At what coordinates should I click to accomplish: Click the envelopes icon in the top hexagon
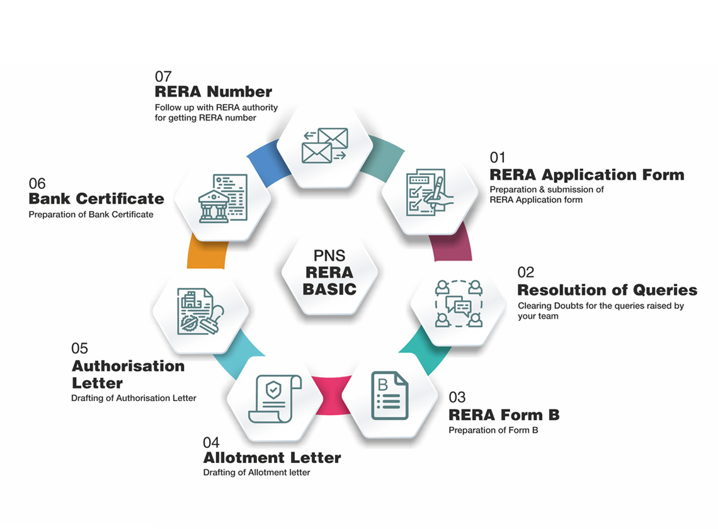pos(325,145)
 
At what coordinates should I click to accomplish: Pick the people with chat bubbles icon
pos(459,304)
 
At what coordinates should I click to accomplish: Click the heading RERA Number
pos(214,92)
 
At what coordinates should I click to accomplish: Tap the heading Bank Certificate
pos(96,199)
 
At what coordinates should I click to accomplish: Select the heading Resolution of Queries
pos(607,290)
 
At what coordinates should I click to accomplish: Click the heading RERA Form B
pos(504,415)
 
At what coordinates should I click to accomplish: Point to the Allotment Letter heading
pos(271,458)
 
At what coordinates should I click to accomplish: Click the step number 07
pos(163,77)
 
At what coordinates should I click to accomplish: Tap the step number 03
pos(457,397)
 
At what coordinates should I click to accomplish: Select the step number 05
pos(79,348)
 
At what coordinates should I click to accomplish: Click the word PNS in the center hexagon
pos(329,256)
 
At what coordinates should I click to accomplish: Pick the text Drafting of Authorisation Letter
pos(134,398)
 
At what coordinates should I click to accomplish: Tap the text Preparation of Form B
pos(493,430)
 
